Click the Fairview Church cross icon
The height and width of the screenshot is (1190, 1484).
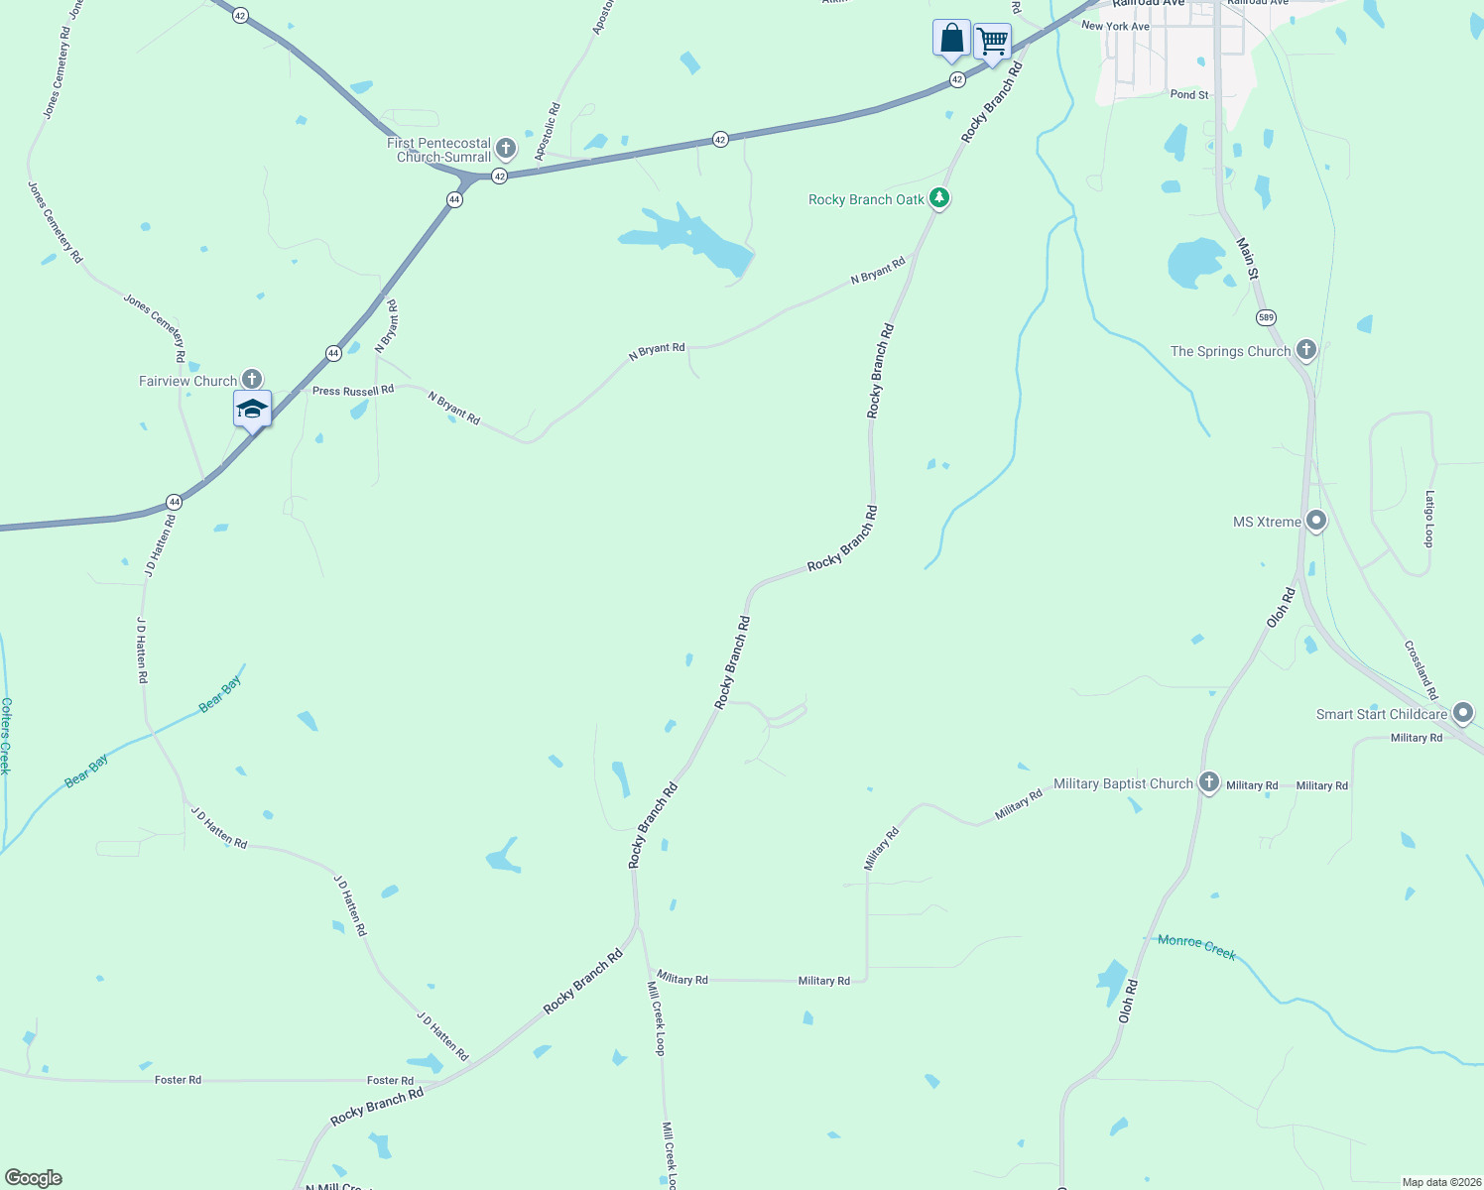(252, 379)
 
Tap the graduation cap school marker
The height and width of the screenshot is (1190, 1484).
(252, 409)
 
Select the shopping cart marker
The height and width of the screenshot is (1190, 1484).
(992, 42)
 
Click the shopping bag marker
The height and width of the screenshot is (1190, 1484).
(951, 39)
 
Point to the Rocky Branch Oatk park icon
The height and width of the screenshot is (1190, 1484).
(939, 198)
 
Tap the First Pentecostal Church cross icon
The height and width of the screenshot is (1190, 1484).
(506, 149)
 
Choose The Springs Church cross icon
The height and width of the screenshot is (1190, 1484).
(1306, 349)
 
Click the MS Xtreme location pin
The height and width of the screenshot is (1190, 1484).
(1316, 520)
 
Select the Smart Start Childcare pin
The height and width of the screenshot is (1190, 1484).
(1462, 712)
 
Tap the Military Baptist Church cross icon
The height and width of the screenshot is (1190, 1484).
(1208, 781)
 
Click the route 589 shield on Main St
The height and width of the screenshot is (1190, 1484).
(1266, 317)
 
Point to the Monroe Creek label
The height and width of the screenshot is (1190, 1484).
(1196, 946)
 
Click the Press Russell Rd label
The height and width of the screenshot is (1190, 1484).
(352, 391)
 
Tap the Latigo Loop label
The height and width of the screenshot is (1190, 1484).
(1429, 519)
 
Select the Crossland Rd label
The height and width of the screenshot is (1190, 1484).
(1421, 670)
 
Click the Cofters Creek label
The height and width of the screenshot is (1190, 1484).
(6, 735)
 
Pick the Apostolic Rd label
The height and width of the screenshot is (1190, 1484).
(547, 132)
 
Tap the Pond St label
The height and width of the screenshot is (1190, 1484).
(1189, 95)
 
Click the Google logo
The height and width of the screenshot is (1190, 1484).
(34, 1178)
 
